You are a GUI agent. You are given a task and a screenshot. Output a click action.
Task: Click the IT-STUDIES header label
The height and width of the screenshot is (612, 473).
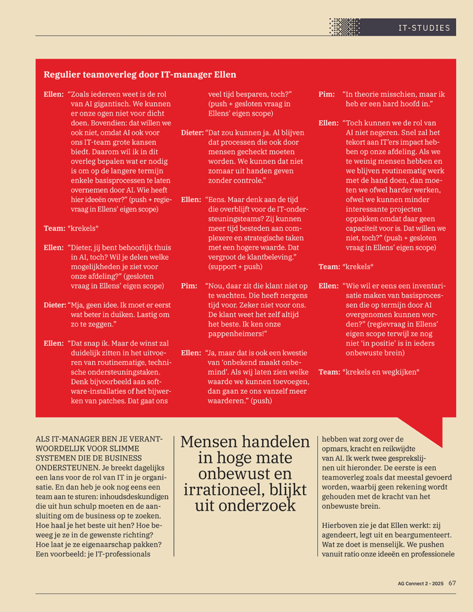424,27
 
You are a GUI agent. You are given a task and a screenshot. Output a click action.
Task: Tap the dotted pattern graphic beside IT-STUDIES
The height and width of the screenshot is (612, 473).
344,27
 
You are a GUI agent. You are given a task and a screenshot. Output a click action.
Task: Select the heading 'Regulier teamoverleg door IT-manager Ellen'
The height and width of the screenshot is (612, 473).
140,74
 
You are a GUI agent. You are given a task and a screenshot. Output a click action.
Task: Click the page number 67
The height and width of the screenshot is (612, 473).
452,583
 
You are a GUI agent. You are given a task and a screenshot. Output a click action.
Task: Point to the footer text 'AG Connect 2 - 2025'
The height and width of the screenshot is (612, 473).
420,583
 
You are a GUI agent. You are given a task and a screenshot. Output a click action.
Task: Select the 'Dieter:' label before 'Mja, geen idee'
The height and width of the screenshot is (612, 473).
55,305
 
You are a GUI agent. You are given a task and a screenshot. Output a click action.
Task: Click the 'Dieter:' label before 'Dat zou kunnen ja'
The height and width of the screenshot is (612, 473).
192,132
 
